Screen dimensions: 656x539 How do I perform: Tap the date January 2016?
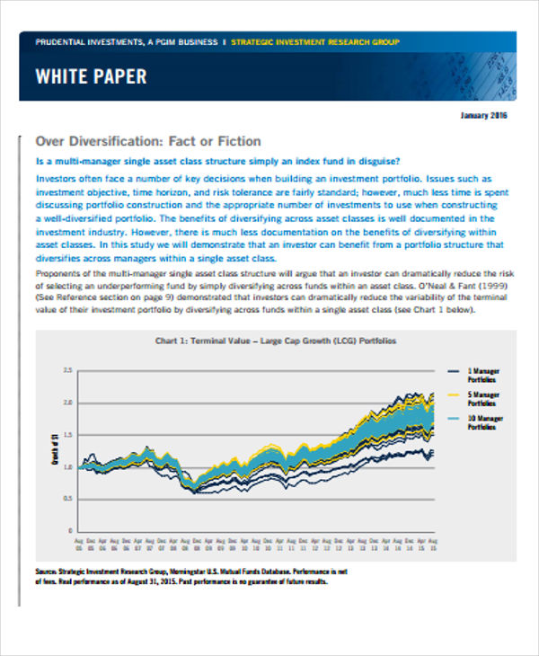pyautogui.click(x=484, y=116)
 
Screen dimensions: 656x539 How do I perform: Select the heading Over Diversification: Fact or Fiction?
pyautogui.click(x=147, y=141)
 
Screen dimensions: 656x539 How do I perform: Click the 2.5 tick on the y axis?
pyautogui.click(x=66, y=370)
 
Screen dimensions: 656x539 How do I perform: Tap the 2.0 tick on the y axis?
pyautogui.click(x=66, y=402)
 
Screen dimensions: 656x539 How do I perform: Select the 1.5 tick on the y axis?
pyautogui.click(x=66, y=433)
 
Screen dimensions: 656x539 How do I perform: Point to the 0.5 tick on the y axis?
pyautogui.click(x=66, y=497)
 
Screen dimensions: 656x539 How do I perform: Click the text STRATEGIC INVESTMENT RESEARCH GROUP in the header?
pyautogui.click(x=315, y=41)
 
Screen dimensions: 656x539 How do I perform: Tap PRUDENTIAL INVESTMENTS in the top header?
pyautogui.click(x=82, y=41)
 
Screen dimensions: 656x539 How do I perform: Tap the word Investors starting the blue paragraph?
pyautogui.click(x=57, y=179)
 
